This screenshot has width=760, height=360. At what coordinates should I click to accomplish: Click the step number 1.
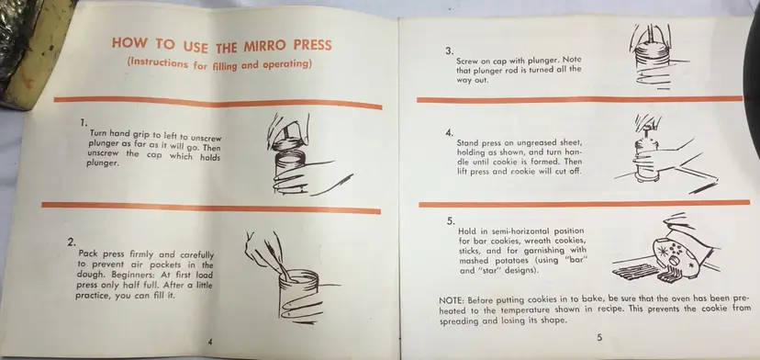pyautogui.click(x=84, y=123)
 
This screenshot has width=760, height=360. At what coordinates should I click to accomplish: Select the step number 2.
pyautogui.click(x=72, y=242)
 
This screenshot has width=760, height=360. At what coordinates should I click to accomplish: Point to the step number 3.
pyautogui.click(x=450, y=51)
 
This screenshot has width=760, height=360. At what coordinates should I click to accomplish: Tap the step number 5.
pyautogui.click(x=451, y=221)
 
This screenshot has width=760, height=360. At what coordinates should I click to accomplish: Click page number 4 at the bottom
pyautogui.click(x=210, y=342)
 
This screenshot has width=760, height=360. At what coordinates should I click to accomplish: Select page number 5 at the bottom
pyautogui.click(x=599, y=338)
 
